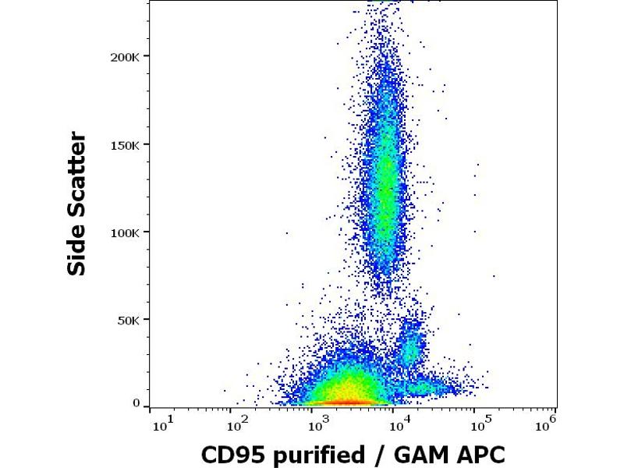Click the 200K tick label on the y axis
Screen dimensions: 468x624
click(125, 57)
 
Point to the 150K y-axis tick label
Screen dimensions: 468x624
click(125, 144)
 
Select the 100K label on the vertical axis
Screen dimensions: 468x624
click(125, 232)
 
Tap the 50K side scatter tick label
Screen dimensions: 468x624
click(128, 320)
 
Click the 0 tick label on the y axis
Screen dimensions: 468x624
click(136, 403)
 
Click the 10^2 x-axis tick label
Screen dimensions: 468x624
click(237, 424)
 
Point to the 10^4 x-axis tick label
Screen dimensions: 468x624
click(400, 424)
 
